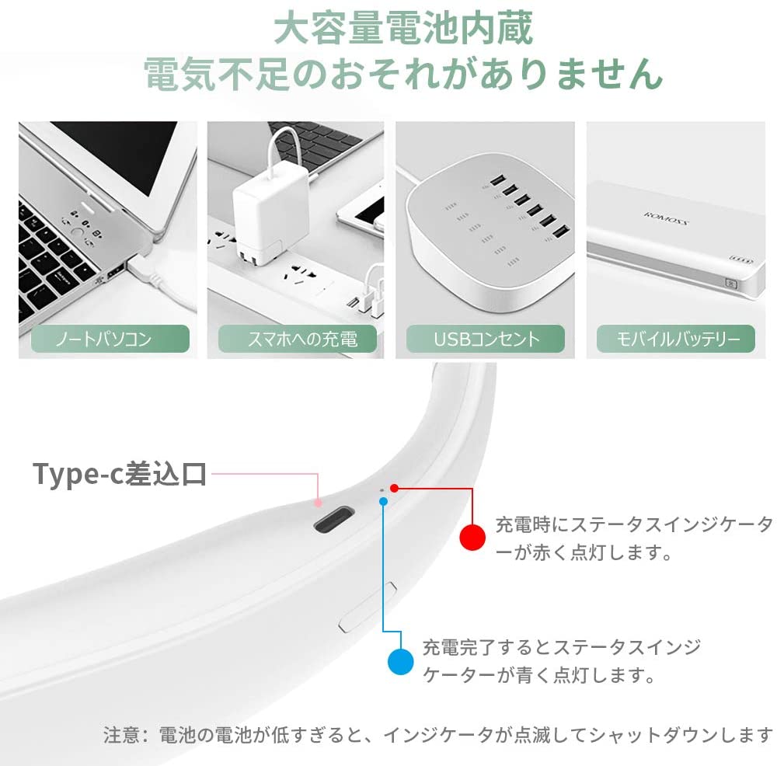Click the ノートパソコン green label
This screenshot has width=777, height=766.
pyautogui.click(x=110, y=339)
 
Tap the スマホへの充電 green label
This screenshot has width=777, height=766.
pyautogui.click(x=298, y=339)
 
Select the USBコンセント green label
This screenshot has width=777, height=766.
pyautogui.click(x=486, y=339)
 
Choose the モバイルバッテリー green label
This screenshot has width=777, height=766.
pyautogui.click(x=676, y=339)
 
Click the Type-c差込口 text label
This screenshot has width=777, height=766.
pyautogui.click(x=120, y=474)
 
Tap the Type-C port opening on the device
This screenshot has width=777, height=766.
pyautogui.click(x=334, y=519)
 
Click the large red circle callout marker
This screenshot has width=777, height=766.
pyautogui.click(x=472, y=537)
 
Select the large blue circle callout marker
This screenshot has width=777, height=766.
pyautogui.click(x=400, y=661)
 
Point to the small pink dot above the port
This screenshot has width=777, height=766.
pyautogui.click(x=318, y=503)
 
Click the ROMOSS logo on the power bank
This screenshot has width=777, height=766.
pyautogui.click(x=666, y=218)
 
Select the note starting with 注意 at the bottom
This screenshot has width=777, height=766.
pyautogui.click(x=438, y=735)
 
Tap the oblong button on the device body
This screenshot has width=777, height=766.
pyautogui.click(x=368, y=607)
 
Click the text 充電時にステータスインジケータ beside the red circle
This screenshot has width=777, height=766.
pyautogui.click(x=634, y=524)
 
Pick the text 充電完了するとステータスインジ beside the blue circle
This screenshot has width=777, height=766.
pyautogui.click(x=562, y=647)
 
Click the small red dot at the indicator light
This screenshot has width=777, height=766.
pyautogui.click(x=394, y=489)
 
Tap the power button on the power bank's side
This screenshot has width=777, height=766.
pyautogui.click(x=731, y=284)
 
